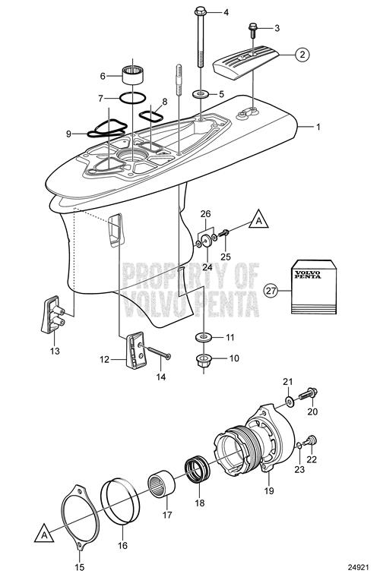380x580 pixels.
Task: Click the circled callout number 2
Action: point(302,55)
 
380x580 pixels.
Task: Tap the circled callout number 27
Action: point(271,290)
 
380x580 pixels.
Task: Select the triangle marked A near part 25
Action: point(259,219)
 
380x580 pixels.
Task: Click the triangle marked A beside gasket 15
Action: point(44,533)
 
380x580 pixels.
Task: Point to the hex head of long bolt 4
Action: point(200,11)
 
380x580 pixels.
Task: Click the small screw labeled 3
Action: point(253,30)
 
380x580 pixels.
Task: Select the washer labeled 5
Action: point(201,93)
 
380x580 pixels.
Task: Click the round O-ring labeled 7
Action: point(132,98)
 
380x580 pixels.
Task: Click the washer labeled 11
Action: point(204,337)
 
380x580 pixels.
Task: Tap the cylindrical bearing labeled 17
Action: point(162,484)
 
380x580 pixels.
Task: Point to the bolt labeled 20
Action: point(308,394)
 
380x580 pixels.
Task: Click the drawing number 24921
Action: point(359,567)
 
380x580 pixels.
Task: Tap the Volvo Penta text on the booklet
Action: point(308,275)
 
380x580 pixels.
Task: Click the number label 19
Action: point(269,490)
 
